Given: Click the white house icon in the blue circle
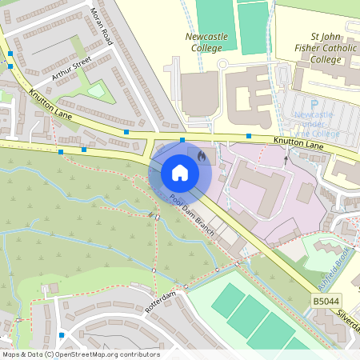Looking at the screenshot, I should pos(180,172).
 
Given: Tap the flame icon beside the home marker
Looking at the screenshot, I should pos(201,156).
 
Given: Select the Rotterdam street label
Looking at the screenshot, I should pos(160,302).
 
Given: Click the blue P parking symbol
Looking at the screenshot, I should pos(314,103).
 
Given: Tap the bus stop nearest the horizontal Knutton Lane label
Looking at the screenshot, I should pos(249,136).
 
